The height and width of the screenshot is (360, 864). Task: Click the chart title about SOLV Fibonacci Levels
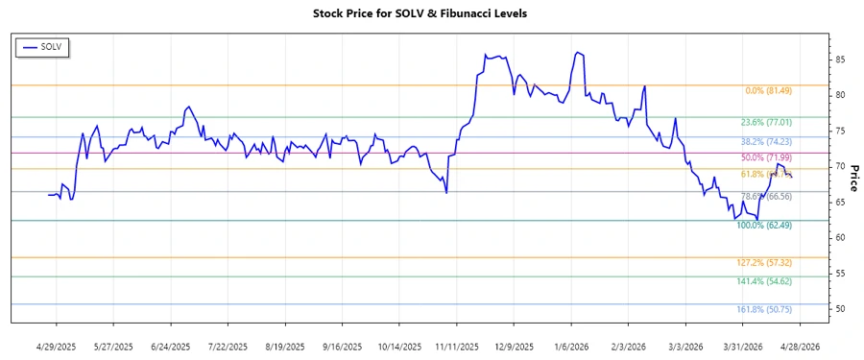click(433, 13)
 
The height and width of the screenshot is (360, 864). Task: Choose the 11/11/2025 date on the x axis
click(457, 346)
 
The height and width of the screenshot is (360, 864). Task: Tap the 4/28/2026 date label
click(799, 346)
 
